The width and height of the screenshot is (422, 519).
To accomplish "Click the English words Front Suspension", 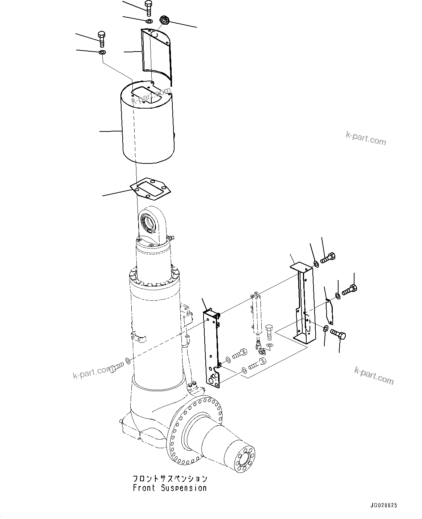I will coord(169,488).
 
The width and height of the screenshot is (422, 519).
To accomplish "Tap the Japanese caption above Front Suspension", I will coord(169,478).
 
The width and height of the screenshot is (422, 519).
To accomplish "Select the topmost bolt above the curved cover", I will coord(148,8).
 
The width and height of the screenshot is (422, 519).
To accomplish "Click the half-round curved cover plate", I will coord(156,54).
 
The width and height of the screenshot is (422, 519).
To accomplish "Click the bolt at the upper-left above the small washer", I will coord(102,39).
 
